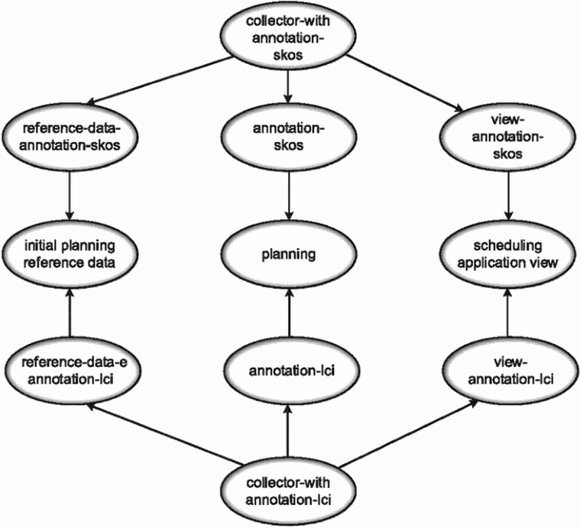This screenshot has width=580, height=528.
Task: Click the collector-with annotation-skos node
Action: pos(289,37)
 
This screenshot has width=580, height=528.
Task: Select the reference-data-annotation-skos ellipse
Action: pos(70,137)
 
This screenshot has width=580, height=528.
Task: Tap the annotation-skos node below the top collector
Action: pos(289,137)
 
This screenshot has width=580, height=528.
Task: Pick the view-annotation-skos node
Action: pos(507,137)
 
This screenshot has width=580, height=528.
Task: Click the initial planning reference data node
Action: pos(70,254)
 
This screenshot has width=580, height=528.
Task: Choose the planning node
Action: pos(289,254)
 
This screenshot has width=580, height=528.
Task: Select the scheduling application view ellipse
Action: pos(507,254)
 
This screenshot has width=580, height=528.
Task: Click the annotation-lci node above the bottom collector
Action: pos(291,371)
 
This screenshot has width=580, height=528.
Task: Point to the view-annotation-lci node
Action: pos(510,371)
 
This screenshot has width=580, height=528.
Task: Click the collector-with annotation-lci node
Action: pos(289,491)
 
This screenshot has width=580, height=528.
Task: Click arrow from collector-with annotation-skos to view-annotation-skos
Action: pos(403,83)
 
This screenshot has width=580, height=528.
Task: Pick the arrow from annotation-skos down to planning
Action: pos(289,196)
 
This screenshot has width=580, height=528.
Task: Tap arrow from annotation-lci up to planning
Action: pos(289,313)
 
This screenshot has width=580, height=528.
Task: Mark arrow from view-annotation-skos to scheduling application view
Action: pos(508,196)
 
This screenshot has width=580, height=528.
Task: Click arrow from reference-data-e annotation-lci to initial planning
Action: pos(70,313)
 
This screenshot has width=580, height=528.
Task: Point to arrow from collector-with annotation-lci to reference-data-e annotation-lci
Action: pos(164,433)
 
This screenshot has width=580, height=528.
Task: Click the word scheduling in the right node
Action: pos(507,245)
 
